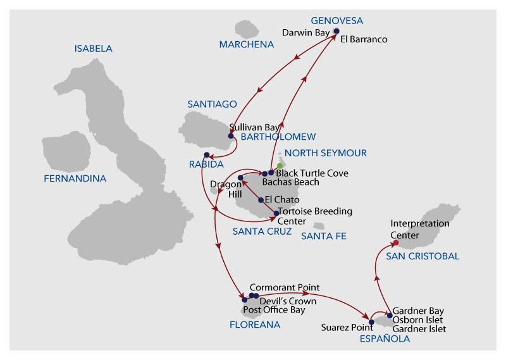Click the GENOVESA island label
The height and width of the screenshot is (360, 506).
[337, 21]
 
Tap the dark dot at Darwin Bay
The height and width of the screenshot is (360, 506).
[336, 31]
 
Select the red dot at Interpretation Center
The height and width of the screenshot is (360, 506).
[396, 242]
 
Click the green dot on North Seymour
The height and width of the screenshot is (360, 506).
[280, 166]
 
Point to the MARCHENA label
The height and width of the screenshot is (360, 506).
[247, 44]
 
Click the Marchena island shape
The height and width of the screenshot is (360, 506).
[247, 29]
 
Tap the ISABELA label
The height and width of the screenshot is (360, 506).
[93, 49]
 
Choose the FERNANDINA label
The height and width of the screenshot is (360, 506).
[75, 178]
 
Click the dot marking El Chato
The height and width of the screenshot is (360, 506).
[261, 200]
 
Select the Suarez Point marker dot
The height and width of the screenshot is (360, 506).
[371, 322]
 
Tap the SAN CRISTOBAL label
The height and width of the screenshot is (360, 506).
[423, 256]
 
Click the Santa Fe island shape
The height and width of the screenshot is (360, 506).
[319, 225]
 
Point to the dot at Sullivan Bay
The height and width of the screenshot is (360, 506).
[231, 136]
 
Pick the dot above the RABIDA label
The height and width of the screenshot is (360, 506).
[207, 155]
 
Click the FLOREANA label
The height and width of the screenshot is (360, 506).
[255, 325]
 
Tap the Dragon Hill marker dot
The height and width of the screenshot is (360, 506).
[240, 178]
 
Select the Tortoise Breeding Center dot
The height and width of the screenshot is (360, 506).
[276, 213]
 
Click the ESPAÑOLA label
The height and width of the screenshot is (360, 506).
[385, 338]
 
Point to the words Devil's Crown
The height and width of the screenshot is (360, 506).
[288, 301]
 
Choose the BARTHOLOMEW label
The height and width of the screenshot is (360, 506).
[278, 137]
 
